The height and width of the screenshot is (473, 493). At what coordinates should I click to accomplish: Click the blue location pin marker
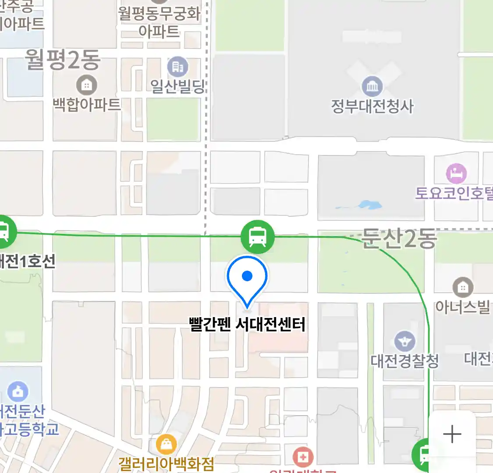(x=247, y=279)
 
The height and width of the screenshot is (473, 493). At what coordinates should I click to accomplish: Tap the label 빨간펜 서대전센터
(x=247, y=325)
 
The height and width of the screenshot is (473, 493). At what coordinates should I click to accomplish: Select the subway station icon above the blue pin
(x=258, y=237)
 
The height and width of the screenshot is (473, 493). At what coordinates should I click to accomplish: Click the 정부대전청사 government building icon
(x=372, y=86)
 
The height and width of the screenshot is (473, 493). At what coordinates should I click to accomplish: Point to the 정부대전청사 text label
(x=372, y=106)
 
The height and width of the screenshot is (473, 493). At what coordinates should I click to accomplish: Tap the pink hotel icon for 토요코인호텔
(x=456, y=173)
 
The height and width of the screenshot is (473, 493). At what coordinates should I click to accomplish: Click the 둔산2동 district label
(x=399, y=239)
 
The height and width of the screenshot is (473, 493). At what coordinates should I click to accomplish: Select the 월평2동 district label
(x=63, y=60)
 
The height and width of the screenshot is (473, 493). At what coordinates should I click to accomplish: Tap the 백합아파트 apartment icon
(x=86, y=85)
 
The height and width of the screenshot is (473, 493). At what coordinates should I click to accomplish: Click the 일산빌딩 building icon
(x=177, y=67)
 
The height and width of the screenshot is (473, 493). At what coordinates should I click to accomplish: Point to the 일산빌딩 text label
(x=177, y=86)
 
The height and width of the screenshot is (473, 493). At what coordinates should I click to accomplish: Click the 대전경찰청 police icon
(x=404, y=341)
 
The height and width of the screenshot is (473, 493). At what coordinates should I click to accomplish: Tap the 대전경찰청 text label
(x=404, y=361)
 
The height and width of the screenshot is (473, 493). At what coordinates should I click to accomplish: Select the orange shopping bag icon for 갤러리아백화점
(x=167, y=445)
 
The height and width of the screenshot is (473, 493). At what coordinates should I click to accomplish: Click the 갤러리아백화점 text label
(x=167, y=463)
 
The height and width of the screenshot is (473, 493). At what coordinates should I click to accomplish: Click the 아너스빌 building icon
(x=463, y=288)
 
